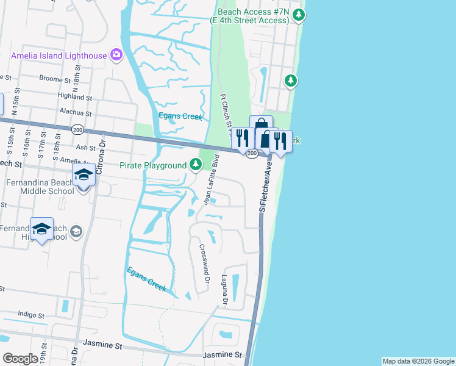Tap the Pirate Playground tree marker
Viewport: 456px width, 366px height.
[x=195, y=165]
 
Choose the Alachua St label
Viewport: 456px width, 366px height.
[x=76, y=113]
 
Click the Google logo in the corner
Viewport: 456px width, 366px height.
[x=20, y=359]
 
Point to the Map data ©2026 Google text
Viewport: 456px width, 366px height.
[x=418, y=361]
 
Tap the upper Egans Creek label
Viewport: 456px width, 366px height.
[x=180, y=116]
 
